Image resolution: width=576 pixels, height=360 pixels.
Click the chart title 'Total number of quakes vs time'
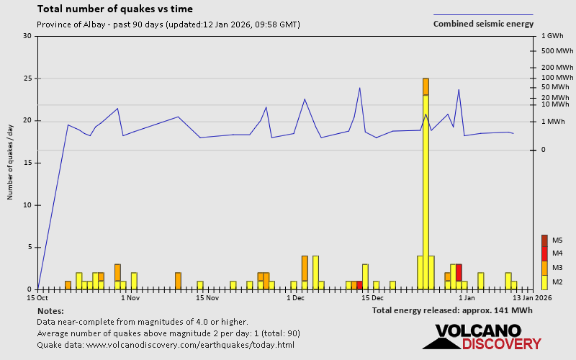[114, 9]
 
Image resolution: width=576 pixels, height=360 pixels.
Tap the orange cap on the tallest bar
[426, 86]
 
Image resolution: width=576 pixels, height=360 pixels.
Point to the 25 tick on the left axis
[27, 78]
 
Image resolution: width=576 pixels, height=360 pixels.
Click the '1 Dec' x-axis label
[295, 297]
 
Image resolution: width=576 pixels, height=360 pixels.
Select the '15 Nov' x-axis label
[207, 297]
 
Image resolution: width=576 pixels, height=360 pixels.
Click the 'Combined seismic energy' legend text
[483, 24]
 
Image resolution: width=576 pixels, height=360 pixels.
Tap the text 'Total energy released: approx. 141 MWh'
[452, 310]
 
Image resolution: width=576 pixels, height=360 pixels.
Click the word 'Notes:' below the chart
[50, 310]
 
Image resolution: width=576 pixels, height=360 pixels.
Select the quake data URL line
[165, 345]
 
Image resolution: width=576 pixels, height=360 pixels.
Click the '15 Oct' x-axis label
[37, 297]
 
